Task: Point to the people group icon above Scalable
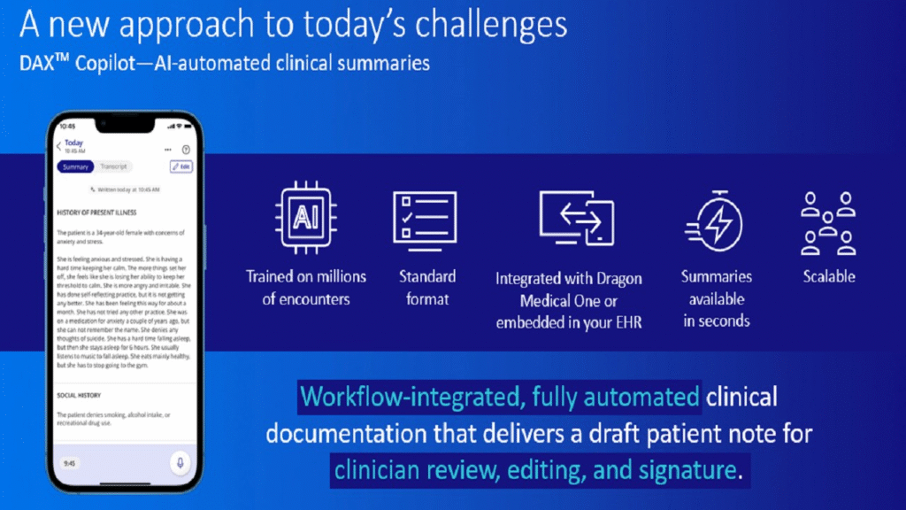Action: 828,221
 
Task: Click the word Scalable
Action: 828,276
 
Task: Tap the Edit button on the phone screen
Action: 181,166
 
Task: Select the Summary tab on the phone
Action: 75,166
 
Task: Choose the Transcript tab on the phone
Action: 113,166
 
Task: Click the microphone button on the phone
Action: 180,462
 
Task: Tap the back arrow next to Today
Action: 59,146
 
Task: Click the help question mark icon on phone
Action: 186,150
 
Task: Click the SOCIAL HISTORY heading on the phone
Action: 79,395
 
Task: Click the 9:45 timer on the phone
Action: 70,462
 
